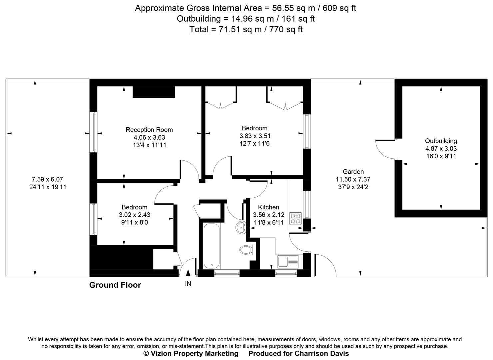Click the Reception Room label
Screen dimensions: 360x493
pos(149,130)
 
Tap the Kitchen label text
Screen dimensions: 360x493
pos(268,207)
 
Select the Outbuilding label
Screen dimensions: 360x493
pos(441,141)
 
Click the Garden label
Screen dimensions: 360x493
pos(353,172)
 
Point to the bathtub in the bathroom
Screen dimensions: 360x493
pos(211,246)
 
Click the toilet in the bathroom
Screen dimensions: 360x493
pos(246,249)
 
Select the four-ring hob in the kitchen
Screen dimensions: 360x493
pos(295,218)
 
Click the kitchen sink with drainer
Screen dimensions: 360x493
pos(287,261)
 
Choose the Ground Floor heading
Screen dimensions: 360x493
pos(115,285)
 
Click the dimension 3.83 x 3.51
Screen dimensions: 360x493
pos(255,136)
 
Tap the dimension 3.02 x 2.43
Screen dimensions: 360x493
pos(134,215)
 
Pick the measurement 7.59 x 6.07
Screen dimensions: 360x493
pos(47,179)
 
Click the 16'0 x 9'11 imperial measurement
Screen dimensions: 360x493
pos(441,156)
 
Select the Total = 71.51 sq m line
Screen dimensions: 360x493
pos(246,29)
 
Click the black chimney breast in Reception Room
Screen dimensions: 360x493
pos(154,92)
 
